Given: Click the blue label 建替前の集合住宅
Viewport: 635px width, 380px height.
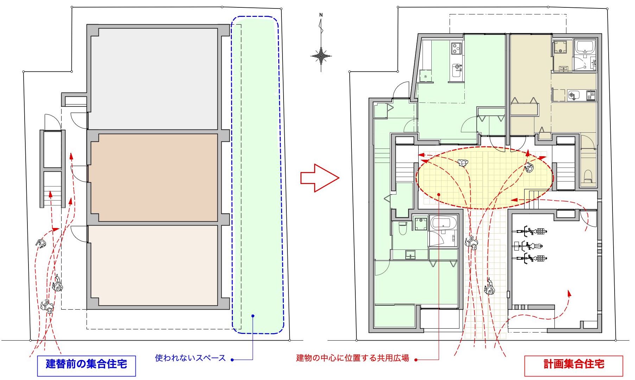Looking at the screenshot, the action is (x=86, y=363).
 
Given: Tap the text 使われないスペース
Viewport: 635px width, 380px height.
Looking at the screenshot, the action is (x=190, y=358).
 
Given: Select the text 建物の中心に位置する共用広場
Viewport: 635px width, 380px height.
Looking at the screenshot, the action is (x=353, y=358).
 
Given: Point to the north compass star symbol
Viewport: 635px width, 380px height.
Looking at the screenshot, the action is (x=321, y=56).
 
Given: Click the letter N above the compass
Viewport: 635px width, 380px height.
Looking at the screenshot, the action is (x=321, y=15).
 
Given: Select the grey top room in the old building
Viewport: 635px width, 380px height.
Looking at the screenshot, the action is (x=154, y=78).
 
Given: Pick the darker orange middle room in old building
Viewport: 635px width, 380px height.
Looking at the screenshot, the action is (x=154, y=178).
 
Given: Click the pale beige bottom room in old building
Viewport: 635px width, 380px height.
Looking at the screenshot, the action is (x=154, y=266).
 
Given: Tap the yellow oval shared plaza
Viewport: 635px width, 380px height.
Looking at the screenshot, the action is (x=485, y=178).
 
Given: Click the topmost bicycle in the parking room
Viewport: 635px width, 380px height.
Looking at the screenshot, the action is (x=530, y=231).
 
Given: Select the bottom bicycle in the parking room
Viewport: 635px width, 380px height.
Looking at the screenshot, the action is (x=530, y=259).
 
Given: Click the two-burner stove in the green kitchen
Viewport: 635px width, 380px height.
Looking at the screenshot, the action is (x=456, y=48).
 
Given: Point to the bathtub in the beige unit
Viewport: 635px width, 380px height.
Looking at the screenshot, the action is (x=585, y=46).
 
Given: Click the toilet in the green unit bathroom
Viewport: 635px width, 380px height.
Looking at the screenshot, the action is (x=402, y=228).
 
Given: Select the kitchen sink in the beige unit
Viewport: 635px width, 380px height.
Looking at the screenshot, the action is (x=573, y=95).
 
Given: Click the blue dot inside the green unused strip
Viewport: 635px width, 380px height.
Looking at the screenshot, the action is (x=253, y=316).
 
